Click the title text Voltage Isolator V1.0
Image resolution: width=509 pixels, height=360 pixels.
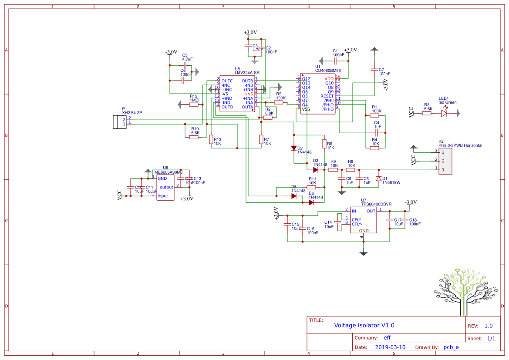coord(364,325)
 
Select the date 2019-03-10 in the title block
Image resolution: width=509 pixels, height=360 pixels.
coord(390,347)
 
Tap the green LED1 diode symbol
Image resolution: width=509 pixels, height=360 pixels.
coord(444,113)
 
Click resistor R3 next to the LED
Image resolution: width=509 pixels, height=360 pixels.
coord(427,113)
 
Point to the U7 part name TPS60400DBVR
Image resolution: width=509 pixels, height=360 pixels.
coord(376,204)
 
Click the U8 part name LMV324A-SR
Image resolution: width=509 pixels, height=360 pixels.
coord(247,72)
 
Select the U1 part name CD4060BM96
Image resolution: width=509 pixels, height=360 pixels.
coord(328,70)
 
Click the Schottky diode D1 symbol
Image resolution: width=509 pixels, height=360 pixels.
coord(379,178)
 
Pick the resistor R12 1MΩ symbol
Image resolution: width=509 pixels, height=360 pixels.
coord(194,104)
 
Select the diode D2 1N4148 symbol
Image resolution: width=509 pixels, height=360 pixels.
coord(294,148)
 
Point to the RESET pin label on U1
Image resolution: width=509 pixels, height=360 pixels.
coord(327,96)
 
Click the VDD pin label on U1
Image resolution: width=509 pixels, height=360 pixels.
coord(329,79)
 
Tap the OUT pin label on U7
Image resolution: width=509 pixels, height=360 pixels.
coord(371,211)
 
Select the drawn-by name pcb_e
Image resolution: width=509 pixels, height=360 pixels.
coord(451,347)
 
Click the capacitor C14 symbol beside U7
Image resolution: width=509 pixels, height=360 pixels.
coord(339,221)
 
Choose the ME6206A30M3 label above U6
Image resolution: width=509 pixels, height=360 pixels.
coord(169,172)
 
